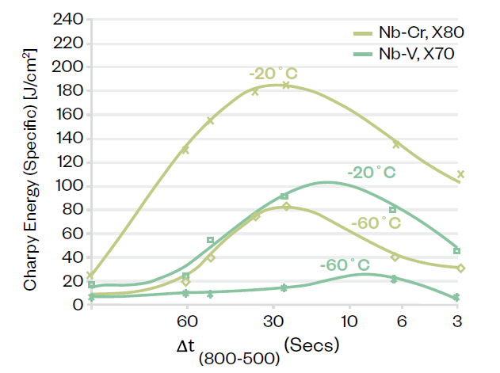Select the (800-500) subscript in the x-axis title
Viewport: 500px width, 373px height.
(x=241, y=358)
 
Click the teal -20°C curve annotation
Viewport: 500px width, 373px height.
(x=371, y=173)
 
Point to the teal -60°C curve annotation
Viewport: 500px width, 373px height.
(x=344, y=264)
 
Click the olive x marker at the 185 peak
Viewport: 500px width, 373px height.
(x=285, y=85)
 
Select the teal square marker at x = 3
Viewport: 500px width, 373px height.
(x=457, y=251)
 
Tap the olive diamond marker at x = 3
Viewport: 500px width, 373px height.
(x=460, y=268)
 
